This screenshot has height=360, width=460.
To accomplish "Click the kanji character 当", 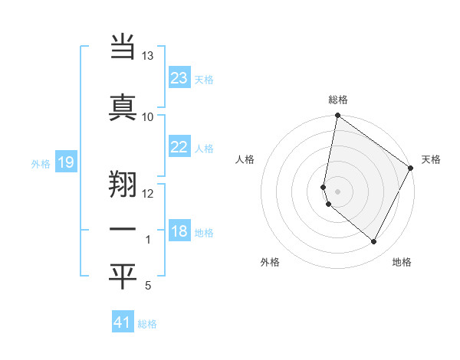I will [123, 48].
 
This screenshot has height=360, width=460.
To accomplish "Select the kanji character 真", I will [123, 106].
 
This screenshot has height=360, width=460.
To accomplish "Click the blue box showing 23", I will [179, 78].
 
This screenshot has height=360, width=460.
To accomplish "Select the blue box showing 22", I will [179, 147].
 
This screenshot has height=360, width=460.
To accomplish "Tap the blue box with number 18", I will [179, 232].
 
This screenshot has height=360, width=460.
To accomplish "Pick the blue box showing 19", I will [65, 162].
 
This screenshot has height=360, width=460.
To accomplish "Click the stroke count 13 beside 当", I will [148, 57].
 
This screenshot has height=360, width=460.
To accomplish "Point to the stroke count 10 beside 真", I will [148, 116].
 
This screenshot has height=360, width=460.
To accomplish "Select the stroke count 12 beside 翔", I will [148, 193].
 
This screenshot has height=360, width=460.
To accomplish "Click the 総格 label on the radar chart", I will [338, 100].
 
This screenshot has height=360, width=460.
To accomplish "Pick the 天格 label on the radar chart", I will [431, 159].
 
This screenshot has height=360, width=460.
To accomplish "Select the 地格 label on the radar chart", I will [402, 262].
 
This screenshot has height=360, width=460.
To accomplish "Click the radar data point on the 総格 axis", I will [337, 116].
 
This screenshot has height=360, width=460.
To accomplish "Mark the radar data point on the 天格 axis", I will [411, 169].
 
